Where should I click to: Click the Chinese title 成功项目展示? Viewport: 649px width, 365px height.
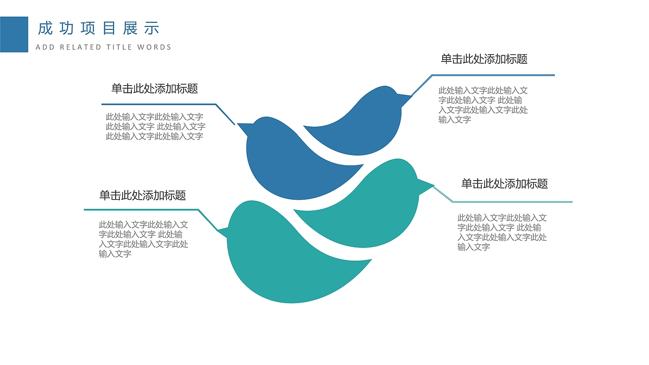98,28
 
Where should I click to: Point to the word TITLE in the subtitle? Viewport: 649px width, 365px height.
119,47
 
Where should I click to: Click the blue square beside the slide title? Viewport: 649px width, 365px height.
14,34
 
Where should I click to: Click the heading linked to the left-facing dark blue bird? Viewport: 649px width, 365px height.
155,89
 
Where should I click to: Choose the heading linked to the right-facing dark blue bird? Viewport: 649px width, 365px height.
484,59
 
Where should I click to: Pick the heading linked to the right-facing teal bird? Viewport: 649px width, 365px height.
504,184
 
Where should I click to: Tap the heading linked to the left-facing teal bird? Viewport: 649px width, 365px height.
142,195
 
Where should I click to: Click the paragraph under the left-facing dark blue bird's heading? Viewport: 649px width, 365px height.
155,126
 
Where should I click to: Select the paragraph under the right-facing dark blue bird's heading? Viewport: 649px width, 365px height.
483,105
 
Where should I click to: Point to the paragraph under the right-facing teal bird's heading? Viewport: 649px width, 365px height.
502,232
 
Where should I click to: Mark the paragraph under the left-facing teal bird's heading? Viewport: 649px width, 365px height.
143,239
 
